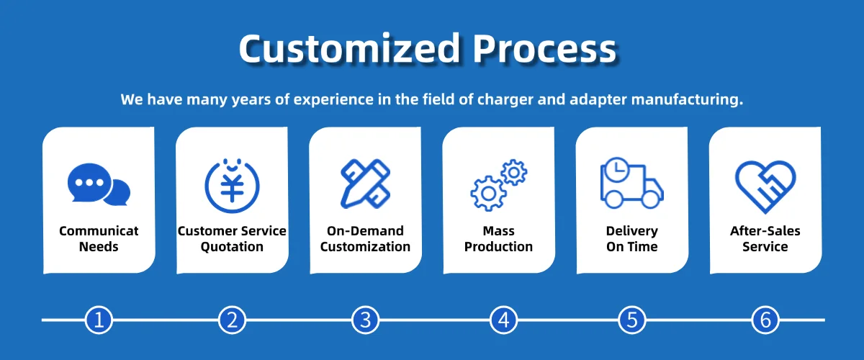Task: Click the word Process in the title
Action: [545, 49]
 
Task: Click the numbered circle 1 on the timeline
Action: [99, 320]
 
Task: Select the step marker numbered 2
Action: [232, 320]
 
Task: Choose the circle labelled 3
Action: [365, 320]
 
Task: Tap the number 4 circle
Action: [504, 320]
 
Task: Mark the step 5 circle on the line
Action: [632, 320]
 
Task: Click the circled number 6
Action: [765, 320]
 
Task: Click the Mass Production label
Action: [498, 239]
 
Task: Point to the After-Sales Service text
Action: [765, 239]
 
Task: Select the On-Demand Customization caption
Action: [365, 239]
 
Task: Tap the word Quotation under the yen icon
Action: [232, 247]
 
